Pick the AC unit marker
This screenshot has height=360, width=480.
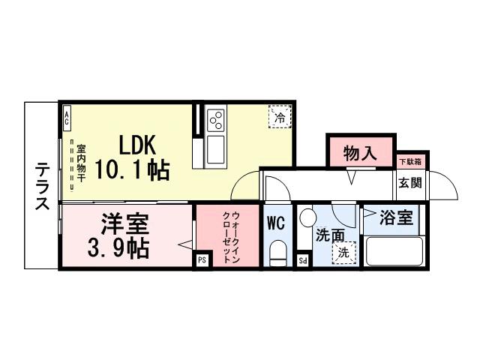click(x=66, y=116)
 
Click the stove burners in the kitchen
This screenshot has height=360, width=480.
click(x=216, y=120)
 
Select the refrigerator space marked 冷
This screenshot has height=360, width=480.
click(x=279, y=117)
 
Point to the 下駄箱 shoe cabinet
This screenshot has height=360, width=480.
click(x=409, y=161)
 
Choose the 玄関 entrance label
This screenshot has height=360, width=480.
click(x=409, y=182)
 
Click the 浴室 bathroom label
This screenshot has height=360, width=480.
click(x=396, y=219)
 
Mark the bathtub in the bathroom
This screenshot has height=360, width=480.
click(x=395, y=250)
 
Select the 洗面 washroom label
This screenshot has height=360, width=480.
click(x=330, y=234)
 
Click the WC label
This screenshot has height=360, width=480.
click(x=276, y=223)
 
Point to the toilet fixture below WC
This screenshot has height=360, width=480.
click(x=277, y=252)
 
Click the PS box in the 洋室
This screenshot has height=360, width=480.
click(x=202, y=260)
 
